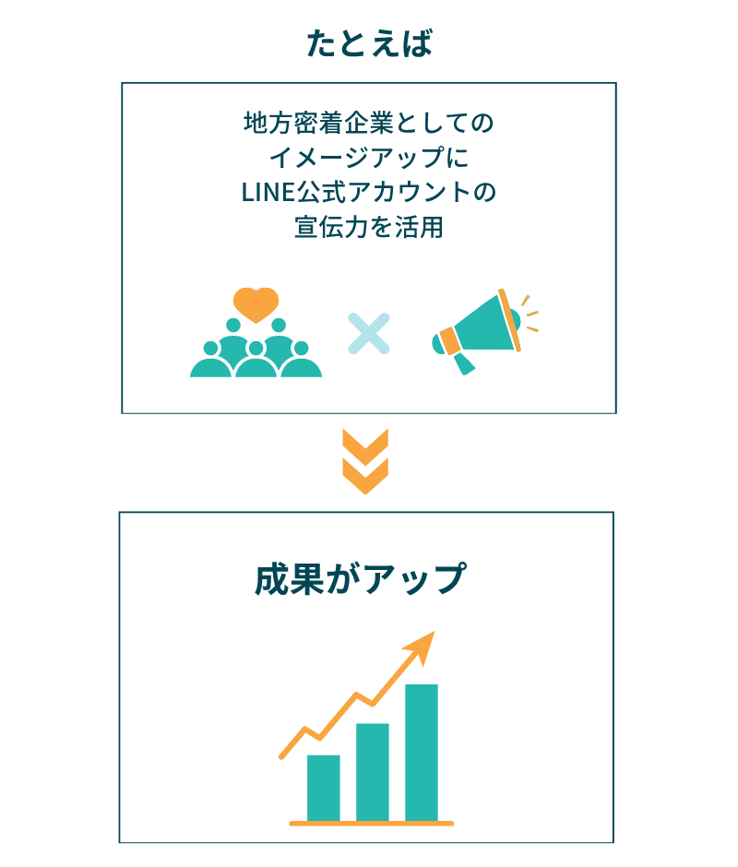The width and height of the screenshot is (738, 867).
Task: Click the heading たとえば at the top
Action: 369,43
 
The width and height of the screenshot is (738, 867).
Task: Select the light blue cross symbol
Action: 368,333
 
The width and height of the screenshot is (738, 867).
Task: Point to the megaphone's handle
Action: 464,363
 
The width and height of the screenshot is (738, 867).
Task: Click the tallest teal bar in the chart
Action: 422,753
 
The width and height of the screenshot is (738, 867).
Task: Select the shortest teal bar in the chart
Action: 323,788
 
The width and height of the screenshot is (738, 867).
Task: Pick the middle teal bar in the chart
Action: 373,772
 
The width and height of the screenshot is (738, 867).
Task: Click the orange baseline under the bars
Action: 371,824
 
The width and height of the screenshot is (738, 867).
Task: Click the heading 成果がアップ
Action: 361,579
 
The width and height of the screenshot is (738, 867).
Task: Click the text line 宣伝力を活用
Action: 369,227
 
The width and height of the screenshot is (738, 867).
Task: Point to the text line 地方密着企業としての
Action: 368,123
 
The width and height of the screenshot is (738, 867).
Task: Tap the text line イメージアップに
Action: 369,158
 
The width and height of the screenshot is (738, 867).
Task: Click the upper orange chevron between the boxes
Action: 365,446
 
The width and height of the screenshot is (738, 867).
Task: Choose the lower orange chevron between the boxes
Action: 365,476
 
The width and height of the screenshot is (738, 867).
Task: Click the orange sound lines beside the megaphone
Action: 530,314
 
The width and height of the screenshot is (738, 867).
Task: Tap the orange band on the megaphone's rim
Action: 509,320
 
